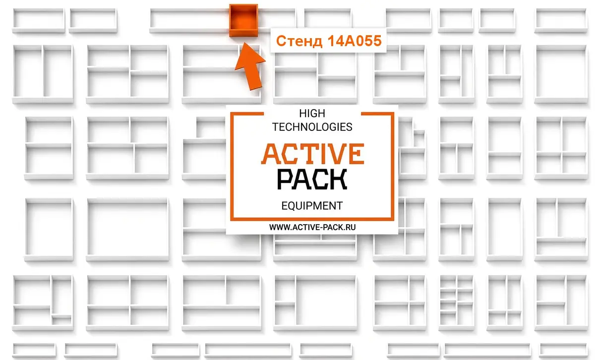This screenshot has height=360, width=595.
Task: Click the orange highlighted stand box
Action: point(243,20)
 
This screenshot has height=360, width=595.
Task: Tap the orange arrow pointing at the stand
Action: point(250,66)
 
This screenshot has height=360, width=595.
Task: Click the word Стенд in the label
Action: point(299,41)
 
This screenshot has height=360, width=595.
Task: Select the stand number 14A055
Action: point(355,41)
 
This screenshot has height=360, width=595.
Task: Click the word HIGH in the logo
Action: point(312,114)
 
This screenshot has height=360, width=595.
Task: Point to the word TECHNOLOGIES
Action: point(312,127)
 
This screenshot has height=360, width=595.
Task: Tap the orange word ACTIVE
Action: point(313,154)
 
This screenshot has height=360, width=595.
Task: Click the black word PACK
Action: point(312,180)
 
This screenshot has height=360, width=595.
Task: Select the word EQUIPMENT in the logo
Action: point(312,206)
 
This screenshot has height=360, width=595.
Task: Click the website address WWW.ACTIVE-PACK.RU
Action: point(312,228)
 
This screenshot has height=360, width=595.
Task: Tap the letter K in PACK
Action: point(338,180)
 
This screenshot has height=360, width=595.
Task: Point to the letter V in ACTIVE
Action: point(336,154)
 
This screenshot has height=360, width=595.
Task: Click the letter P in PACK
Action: point(285,180)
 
